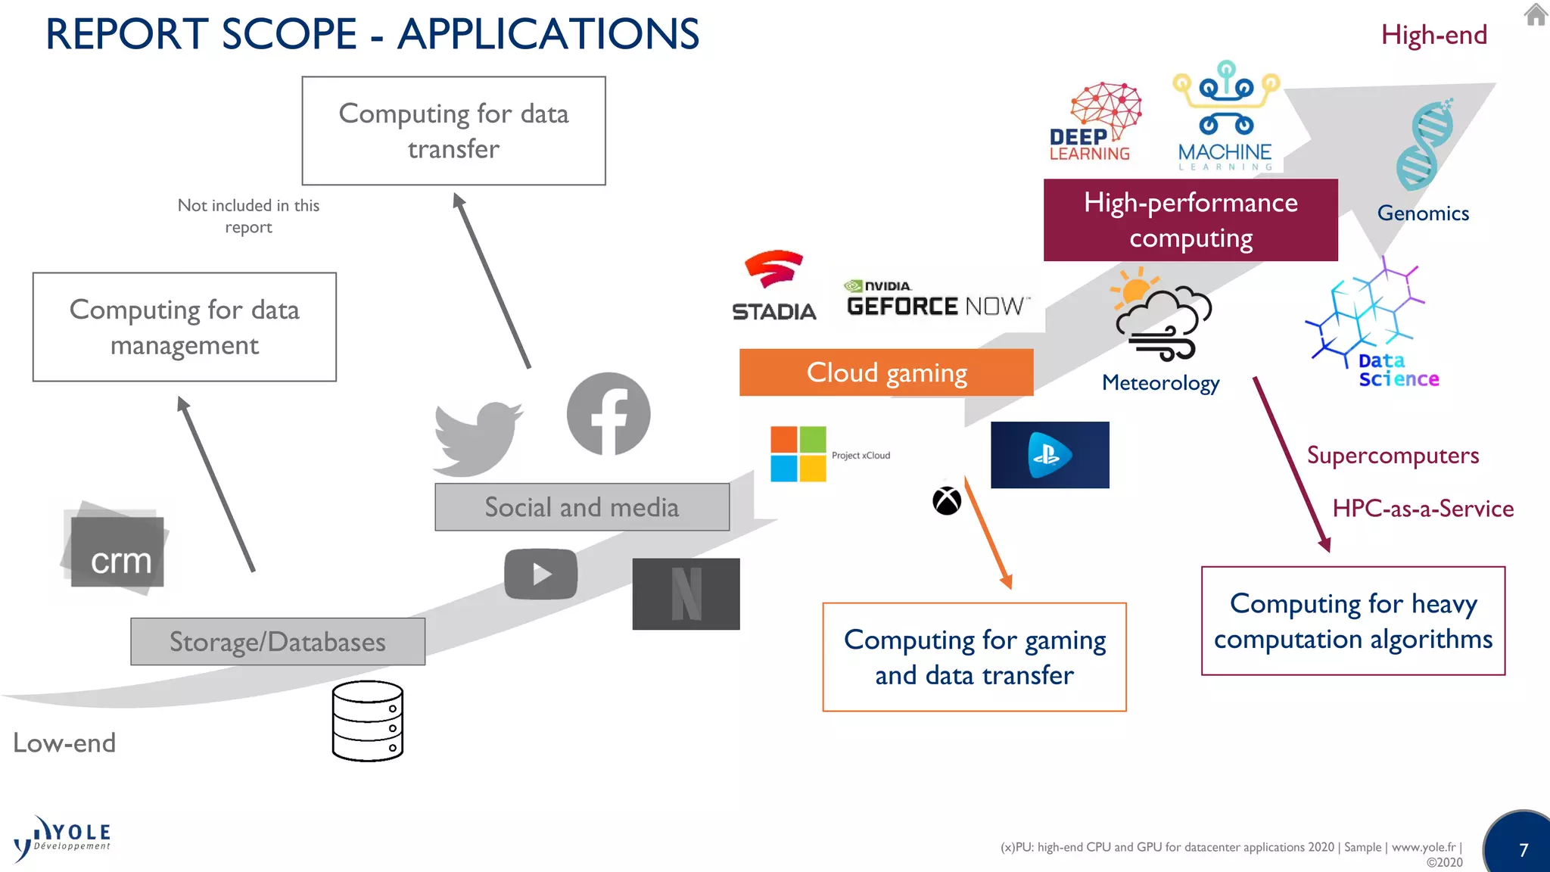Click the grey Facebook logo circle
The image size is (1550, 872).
[608, 414]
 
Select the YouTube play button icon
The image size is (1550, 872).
[540, 574]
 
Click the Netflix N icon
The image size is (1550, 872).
[686, 594]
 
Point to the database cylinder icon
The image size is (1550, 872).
[368, 721]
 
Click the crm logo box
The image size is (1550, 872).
[117, 551]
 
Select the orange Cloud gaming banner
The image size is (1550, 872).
[886, 372]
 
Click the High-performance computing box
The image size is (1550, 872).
[1191, 220]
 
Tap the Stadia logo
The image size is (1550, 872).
[773, 286]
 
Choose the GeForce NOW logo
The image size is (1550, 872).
[937, 299]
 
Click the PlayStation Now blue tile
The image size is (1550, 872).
[1050, 455]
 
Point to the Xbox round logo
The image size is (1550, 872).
[947, 501]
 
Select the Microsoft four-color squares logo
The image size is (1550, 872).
[798, 454]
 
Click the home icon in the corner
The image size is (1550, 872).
[1536, 14]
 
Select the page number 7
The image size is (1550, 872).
[1524, 850]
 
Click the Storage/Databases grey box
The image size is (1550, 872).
[278, 642]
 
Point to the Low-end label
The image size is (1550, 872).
[64, 743]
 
